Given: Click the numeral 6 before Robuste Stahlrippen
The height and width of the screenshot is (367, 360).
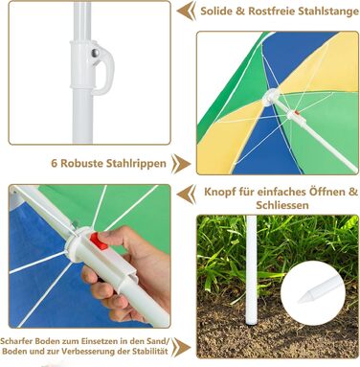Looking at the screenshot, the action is pyautogui.click(x=55, y=163).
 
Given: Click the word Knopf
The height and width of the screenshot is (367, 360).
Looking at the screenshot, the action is pyautogui.click(x=218, y=193).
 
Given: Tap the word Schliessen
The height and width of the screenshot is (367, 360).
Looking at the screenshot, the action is pyautogui.click(x=282, y=205).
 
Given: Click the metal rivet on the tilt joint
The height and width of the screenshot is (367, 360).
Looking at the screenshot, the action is pyautogui.click(x=95, y=54).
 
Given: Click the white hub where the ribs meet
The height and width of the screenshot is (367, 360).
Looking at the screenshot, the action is pyautogui.click(x=271, y=98).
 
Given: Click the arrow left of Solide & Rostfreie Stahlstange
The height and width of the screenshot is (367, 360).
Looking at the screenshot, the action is pyautogui.click(x=187, y=11).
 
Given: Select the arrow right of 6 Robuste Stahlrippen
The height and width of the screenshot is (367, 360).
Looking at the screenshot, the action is pyautogui.click(x=181, y=164).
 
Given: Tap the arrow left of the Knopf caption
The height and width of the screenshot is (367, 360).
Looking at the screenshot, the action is pyautogui.click(x=187, y=194).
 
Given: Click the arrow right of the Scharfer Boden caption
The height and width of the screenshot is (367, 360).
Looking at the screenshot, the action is pyautogui.click(x=181, y=347).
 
